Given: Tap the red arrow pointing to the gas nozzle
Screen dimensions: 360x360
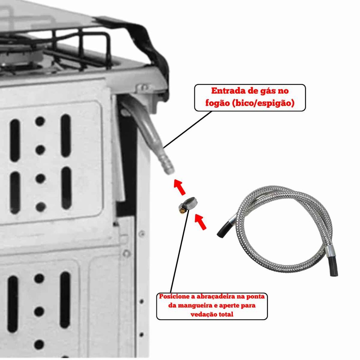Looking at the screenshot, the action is click(179, 187).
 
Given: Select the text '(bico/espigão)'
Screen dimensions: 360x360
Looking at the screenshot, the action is click(263, 103).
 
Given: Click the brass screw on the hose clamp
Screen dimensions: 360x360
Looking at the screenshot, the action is click(181, 210).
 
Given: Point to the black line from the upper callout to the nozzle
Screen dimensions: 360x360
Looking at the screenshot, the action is click(187, 130).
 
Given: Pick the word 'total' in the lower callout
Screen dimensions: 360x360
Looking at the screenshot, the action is click(226, 314).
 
